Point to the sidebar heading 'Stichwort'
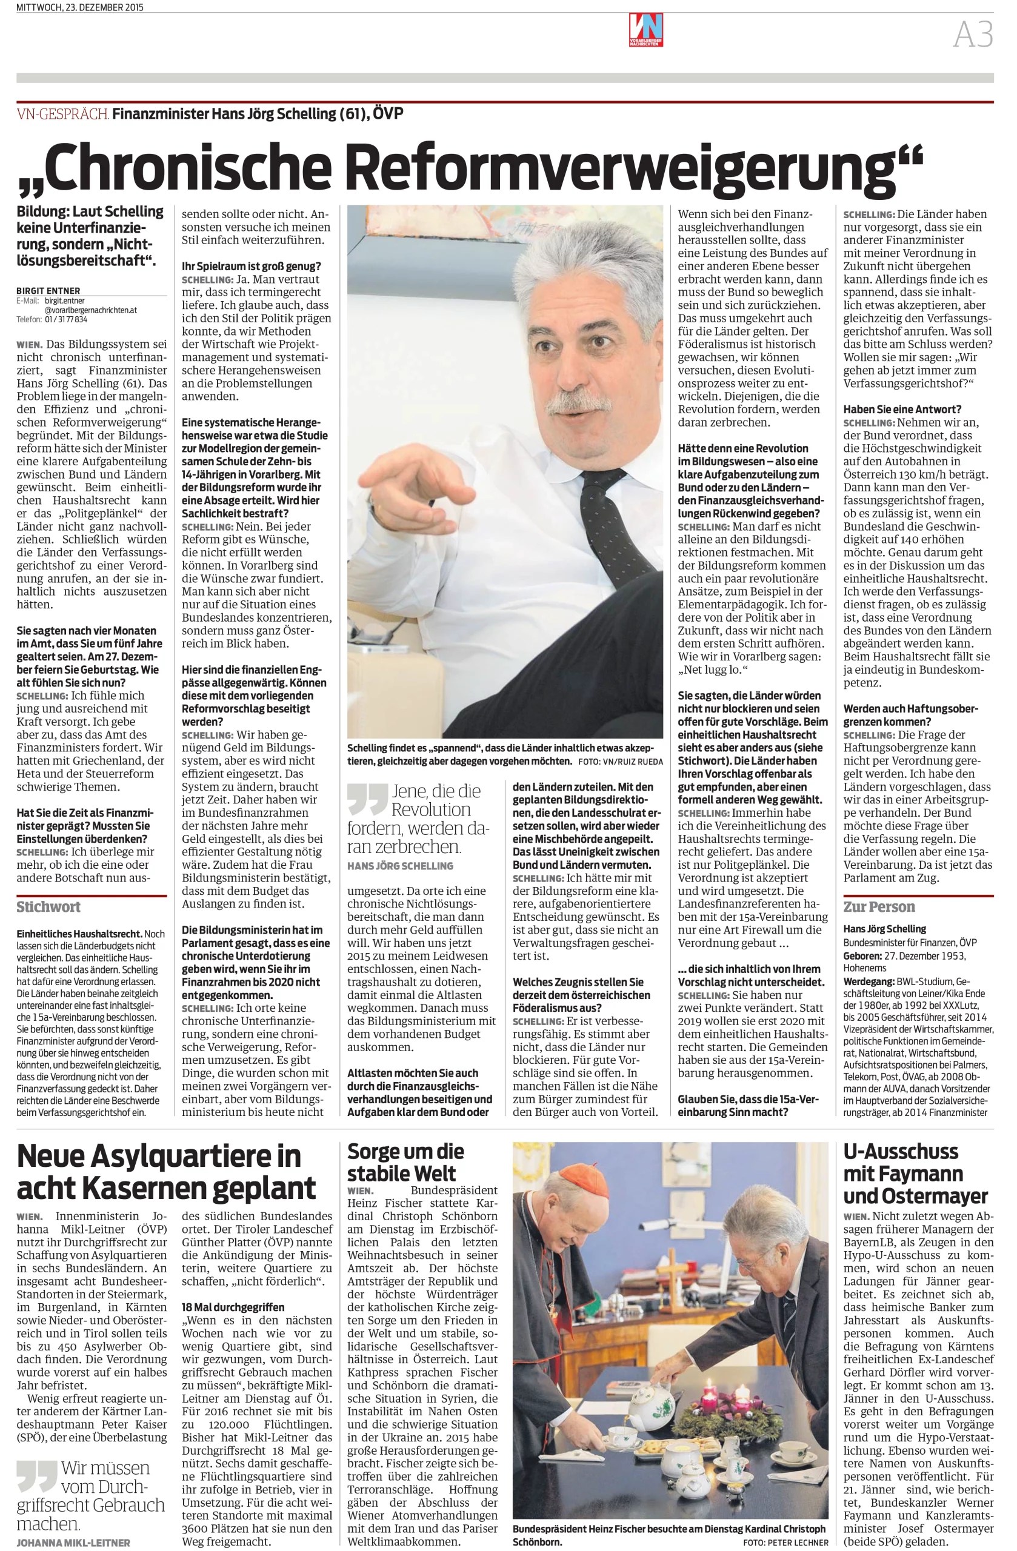(48, 906)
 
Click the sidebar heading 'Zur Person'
(879, 906)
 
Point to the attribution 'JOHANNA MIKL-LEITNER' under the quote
(73, 1542)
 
